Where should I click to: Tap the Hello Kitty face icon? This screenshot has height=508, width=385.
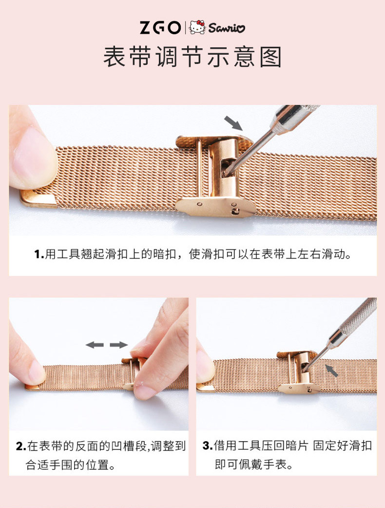click(197, 27)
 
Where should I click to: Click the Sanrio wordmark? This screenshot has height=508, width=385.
click(227, 28)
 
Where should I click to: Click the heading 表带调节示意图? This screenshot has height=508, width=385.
click(192, 58)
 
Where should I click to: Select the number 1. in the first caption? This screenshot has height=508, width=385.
click(39, 255)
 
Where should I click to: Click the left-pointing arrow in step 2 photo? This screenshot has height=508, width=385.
click(95, 345)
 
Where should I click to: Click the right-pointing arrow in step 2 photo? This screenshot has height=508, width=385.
click(118, 345)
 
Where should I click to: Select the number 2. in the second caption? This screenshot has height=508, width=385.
click(21, 446)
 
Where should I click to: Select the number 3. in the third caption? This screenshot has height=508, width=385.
click(208, 446)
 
